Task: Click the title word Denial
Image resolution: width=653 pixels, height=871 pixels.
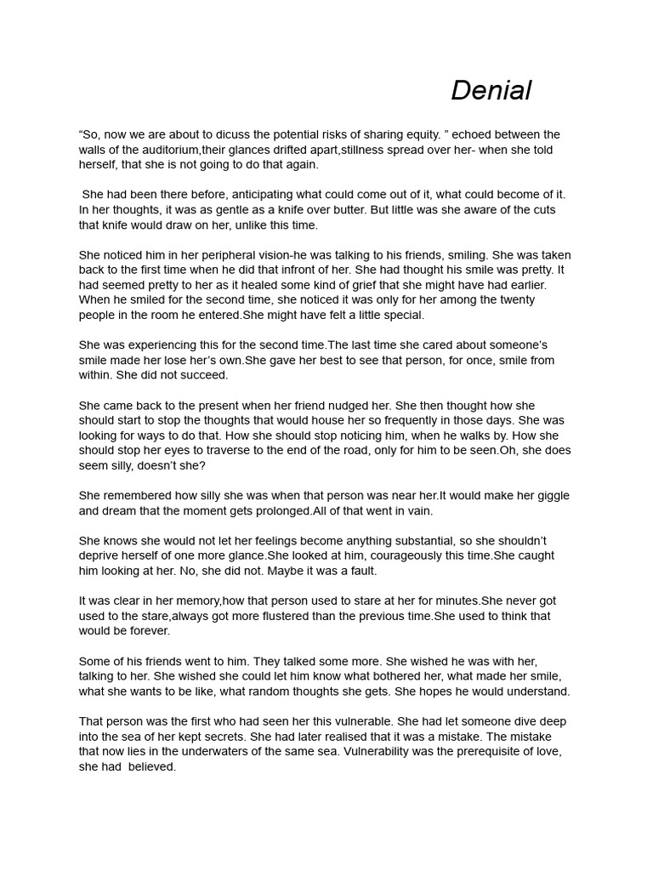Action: [x=491, y=90]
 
